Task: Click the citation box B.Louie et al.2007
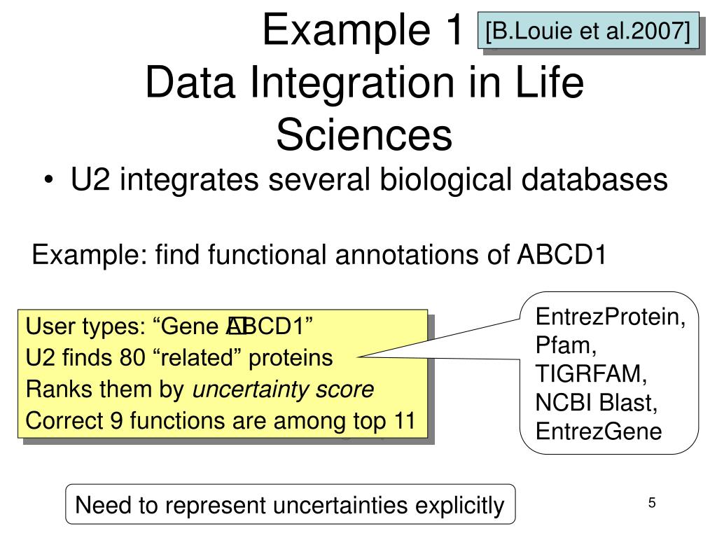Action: point(589,30)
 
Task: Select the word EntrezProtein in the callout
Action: point(610,317)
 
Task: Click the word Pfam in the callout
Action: point(565,346)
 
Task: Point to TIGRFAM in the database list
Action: point(591,375)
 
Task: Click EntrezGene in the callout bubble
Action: point(599,432)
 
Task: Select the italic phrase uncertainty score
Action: point(283,389)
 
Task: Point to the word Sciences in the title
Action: point(363,135)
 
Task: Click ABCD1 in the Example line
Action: point(561,256)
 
